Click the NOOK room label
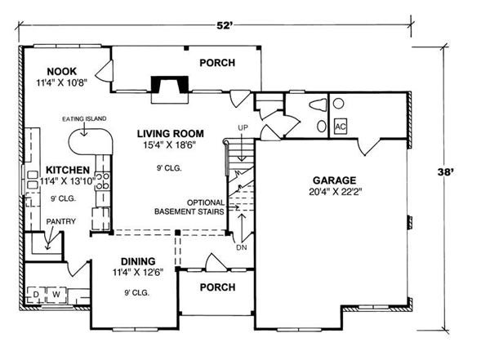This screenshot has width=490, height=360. [x=61, y=71]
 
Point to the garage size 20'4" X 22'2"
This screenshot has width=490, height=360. [x=336, y=193]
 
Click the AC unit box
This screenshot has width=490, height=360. [x=341, y=127]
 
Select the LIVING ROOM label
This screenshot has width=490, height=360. [x=170, y=133]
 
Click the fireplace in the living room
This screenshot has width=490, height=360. [x=167, y=87]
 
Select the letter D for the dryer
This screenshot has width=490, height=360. [x=36, y=293]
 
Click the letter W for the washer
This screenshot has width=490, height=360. [x=56, y=293]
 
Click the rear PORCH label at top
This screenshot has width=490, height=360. [x=217, y=63]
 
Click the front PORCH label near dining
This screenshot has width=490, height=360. [x=217, y=287]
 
